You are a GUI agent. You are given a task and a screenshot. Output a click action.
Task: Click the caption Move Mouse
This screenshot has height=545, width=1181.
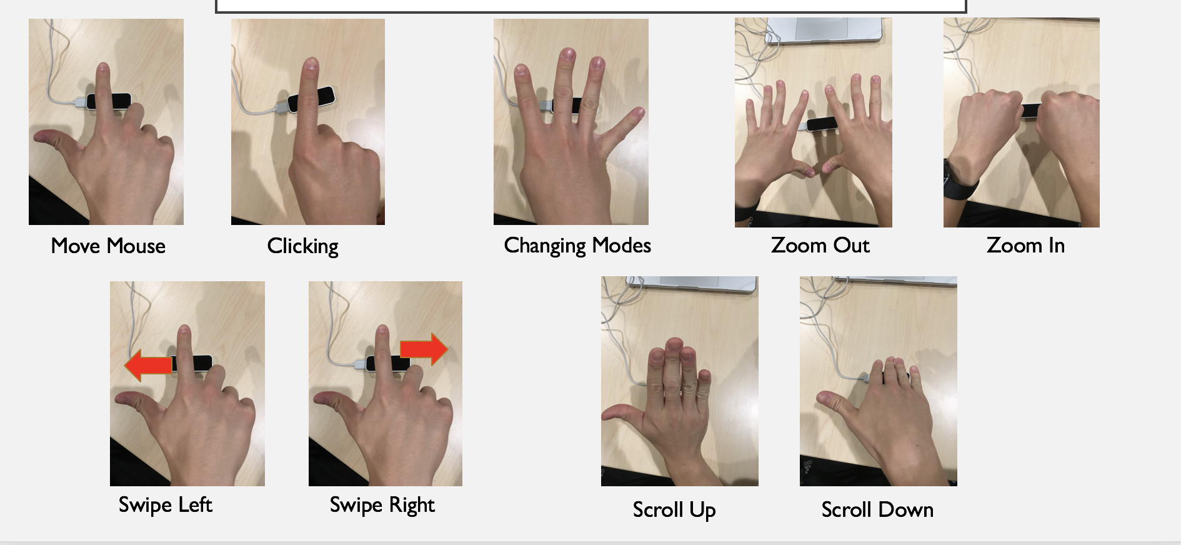(108, 246)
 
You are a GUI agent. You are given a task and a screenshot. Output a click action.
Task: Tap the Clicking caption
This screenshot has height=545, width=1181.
(303, 246)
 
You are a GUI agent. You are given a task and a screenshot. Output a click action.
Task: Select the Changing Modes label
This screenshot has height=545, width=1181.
(577, 246)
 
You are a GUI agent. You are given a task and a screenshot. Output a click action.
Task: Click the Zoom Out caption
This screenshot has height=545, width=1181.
(820, 245)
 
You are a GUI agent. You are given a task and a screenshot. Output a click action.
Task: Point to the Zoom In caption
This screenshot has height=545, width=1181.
(1025, 245)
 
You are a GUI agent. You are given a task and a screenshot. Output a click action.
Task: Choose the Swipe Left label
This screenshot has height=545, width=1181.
(166, 504)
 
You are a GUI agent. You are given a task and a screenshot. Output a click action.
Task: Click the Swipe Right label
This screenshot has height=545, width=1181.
(382, 504)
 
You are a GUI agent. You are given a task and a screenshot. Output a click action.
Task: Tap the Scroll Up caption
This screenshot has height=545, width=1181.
(674, 510)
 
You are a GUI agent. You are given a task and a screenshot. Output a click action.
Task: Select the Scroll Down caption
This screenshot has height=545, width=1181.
(877, 510)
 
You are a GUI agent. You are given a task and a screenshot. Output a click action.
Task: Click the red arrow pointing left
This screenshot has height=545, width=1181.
(148, 366)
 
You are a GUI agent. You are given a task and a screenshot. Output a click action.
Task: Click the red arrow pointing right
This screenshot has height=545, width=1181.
(424, 349)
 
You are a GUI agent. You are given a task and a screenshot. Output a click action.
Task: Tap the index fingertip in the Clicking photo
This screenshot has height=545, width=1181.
(311, 64)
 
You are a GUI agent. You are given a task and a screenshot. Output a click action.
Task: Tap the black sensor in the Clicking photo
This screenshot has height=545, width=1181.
(311, 99)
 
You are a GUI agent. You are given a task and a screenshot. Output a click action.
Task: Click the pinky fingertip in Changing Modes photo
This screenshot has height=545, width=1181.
(637, 113)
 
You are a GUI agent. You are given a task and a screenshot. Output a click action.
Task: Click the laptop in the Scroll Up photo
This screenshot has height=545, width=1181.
(691, 285)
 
